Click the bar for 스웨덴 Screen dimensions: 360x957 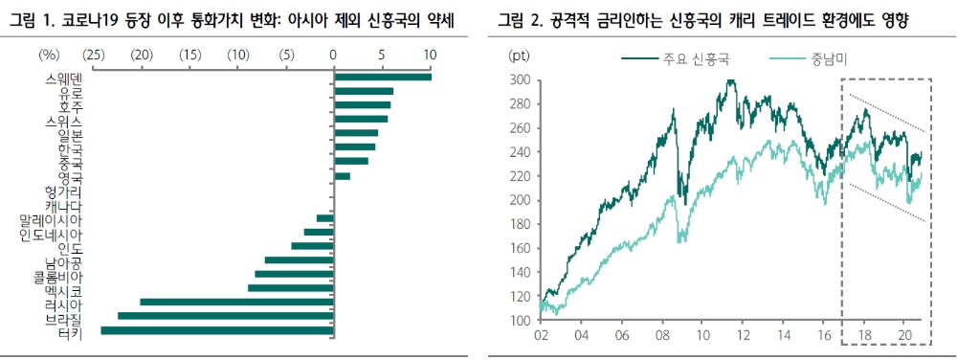point(382,77)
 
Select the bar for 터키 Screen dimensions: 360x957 point(216,330)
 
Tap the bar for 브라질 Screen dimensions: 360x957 point(225,316)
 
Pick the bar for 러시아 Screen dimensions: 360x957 point(236,303)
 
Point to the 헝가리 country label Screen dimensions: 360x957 point(64,191)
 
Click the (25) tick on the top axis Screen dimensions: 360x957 point(94,55)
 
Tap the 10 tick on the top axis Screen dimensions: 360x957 point(430,55)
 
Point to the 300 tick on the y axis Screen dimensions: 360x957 point(521,80)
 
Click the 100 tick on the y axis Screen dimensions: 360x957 point(521,321)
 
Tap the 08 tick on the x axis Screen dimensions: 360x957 point(662,336)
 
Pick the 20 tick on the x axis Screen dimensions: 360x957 point(906,336)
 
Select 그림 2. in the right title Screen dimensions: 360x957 point(516,18)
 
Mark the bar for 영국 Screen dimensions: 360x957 point(342,176)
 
